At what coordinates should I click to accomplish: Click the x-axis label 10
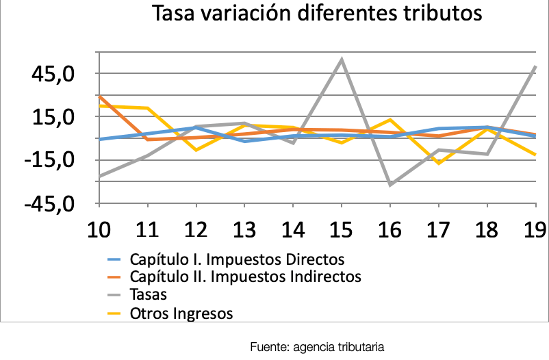click(101, 229)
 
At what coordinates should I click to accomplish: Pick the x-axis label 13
click(245, 229)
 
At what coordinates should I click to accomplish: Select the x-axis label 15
click(342, 229)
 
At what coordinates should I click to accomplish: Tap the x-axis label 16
click(390, 229)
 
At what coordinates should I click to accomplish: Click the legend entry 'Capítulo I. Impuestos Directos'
click(235, 260)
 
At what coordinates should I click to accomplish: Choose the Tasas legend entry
click(148, 295)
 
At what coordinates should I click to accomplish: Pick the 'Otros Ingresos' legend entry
click(181, 313)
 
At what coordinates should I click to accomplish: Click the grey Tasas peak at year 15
click(342, 60)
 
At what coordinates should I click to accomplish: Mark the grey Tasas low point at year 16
click(390, 185)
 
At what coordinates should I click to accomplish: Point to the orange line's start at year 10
click(100, 97)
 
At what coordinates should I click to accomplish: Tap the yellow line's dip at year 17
click(438, 163)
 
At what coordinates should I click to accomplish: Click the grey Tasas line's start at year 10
click(100, 177)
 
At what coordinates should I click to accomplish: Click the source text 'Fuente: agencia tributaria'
click(317, 346)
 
